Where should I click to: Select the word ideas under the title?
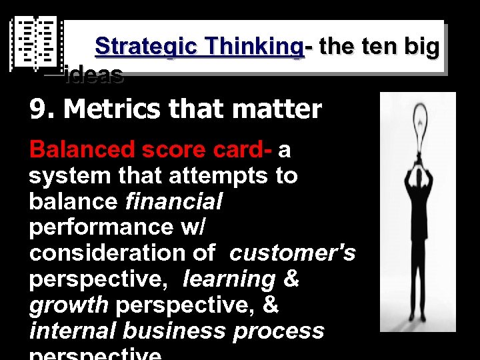(94, 75)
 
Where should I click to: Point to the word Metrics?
(116, 109)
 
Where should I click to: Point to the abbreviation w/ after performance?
(193, 227)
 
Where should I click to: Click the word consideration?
(123, 253)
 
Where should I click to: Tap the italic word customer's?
(293, 253)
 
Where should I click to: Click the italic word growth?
(69, 305)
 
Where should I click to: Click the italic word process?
(280, 331)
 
